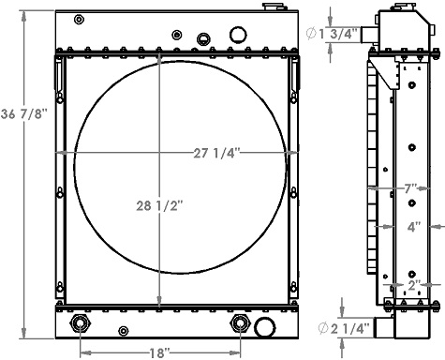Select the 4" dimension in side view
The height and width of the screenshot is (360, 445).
click(x=413, y=226)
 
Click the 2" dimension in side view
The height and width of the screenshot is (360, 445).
click(x=412, y=283)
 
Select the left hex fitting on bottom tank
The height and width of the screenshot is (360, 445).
click(x=79, y=325)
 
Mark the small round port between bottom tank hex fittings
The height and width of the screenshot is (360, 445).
click(x=124, y=329)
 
